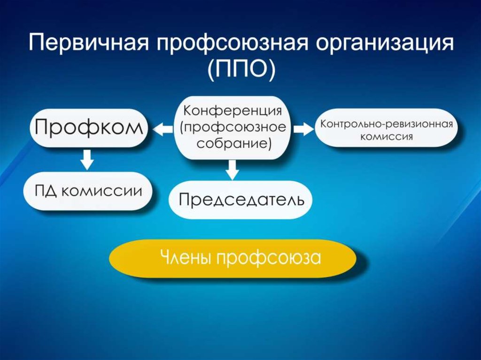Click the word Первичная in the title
click(89, 43)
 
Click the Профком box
click(89, 128)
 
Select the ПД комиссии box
click(88, 191)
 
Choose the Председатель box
click(241, 199)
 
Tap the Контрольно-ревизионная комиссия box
click(387, 128)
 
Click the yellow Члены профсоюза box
click(233, 259)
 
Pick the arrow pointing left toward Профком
click(163, 129)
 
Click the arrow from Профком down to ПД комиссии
click(87, 160)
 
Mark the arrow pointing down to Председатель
click(233, 170)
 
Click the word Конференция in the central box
click(233, 111)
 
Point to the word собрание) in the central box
click(234, 143)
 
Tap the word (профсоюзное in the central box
click(233, 127)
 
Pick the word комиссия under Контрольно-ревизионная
click(387, 137)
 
